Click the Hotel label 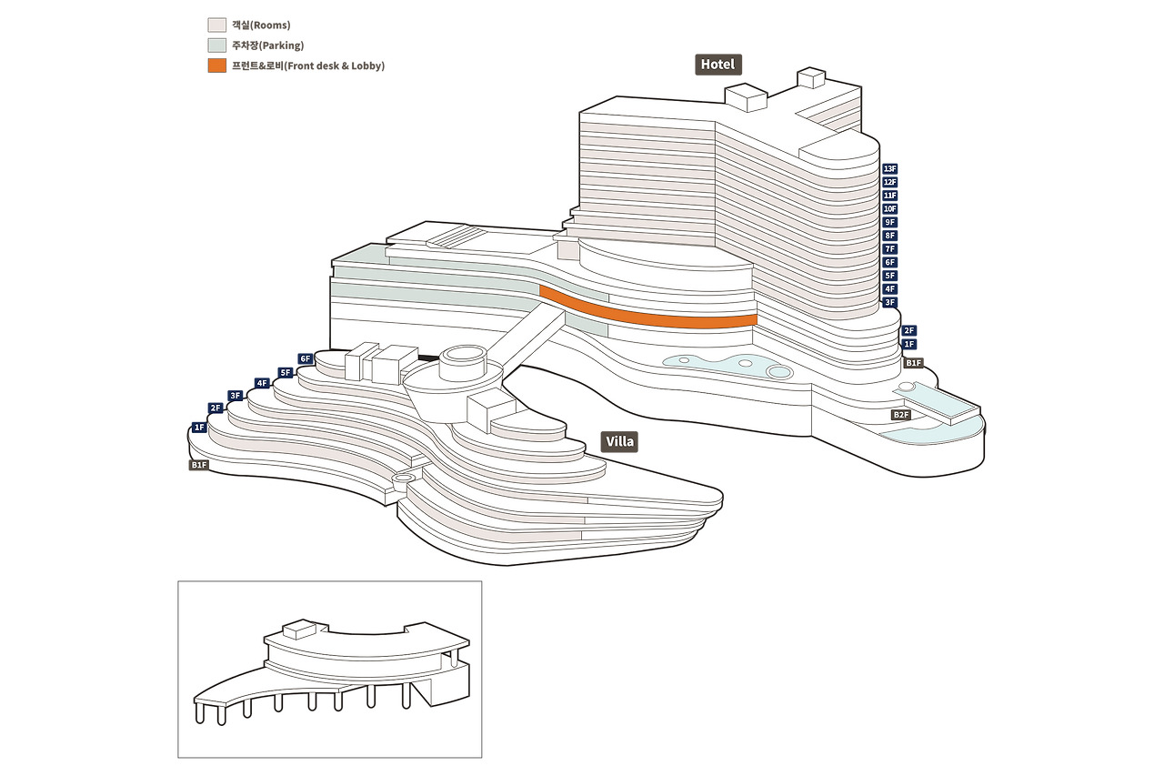coord(717,65)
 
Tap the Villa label coord(619,442)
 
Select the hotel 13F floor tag coord(889,169)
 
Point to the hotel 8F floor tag coord(889,236)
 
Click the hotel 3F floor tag coord(889,302)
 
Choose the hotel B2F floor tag coord(900,415)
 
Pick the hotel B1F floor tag coord(913,363)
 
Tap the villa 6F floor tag coord(306,359)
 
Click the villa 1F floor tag coord(199,427)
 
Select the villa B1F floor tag coord(199,465)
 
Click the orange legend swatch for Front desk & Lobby coord(216,66)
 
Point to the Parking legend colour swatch coord(216,45)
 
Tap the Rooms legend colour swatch coord(216,25)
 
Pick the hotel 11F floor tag coord(889,196)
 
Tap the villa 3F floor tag coord(235,396)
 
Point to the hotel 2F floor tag coord(908,331)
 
